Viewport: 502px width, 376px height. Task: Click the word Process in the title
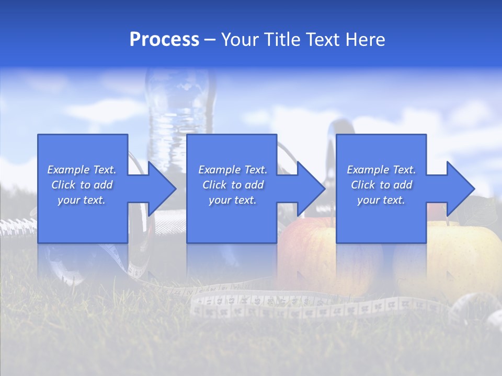click(164, 40)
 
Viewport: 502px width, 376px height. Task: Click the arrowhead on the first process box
click(159, 189)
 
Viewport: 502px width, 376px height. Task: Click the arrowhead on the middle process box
click(309, 189)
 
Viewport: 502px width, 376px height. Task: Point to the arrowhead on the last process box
click(458, 189)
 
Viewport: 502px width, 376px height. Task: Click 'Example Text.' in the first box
click(82, 170)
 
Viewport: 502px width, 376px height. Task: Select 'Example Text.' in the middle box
click(233, 170)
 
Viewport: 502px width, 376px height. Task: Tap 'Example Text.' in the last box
click(381, 170)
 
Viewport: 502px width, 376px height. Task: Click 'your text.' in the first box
click(82, 200)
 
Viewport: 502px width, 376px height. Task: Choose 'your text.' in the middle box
click(233, 200)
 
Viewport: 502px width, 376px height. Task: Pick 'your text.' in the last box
click(381, 200)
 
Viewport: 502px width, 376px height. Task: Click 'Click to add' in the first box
click(82, 185)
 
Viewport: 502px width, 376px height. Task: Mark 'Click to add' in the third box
click(381, 185)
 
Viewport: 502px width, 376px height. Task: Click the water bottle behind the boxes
click(180, 104)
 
